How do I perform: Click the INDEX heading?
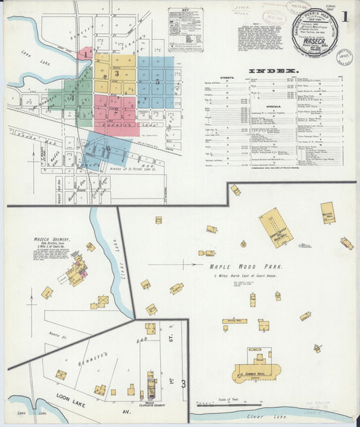274,71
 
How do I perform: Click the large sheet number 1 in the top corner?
345,16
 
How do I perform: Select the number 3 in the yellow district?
117,73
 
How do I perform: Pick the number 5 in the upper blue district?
158,82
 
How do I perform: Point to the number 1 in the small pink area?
86,53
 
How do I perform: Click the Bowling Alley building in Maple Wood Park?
234,322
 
